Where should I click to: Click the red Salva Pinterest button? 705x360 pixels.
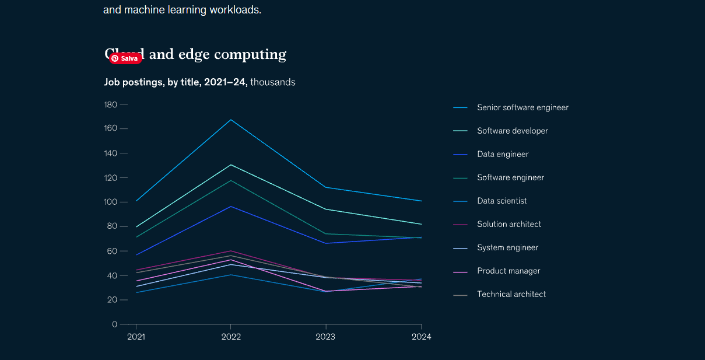tap(126, 58)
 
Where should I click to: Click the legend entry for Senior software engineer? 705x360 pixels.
tap(522, 107)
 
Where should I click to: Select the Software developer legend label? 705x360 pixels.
tap(512, 131)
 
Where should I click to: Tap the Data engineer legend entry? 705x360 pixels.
tap(502, 154)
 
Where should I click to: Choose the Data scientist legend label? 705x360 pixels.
tap(501, 201)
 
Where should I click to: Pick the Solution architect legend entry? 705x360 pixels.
tap(508, 224)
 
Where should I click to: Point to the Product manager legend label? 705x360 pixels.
tap(508, 271)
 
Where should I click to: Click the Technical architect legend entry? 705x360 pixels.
tap(511, 294)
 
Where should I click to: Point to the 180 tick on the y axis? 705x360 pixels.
tap(110, 104)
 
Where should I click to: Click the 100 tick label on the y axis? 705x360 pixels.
tap(110, 202)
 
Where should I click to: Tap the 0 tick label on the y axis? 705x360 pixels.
tap(114, 324)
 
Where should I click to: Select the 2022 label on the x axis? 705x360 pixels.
tap(231, 337)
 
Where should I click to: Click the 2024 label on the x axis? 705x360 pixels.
tap(421, 337)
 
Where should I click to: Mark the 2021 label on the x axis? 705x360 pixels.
tap(136, 337)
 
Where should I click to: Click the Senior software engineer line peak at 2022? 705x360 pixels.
tap(231, 120)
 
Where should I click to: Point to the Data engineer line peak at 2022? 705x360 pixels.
tap(231, 207)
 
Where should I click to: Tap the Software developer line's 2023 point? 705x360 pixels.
tap(326, 209)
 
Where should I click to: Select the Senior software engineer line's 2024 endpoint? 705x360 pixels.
tap(421, 201)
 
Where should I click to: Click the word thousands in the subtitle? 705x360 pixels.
tap(272, 82)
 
